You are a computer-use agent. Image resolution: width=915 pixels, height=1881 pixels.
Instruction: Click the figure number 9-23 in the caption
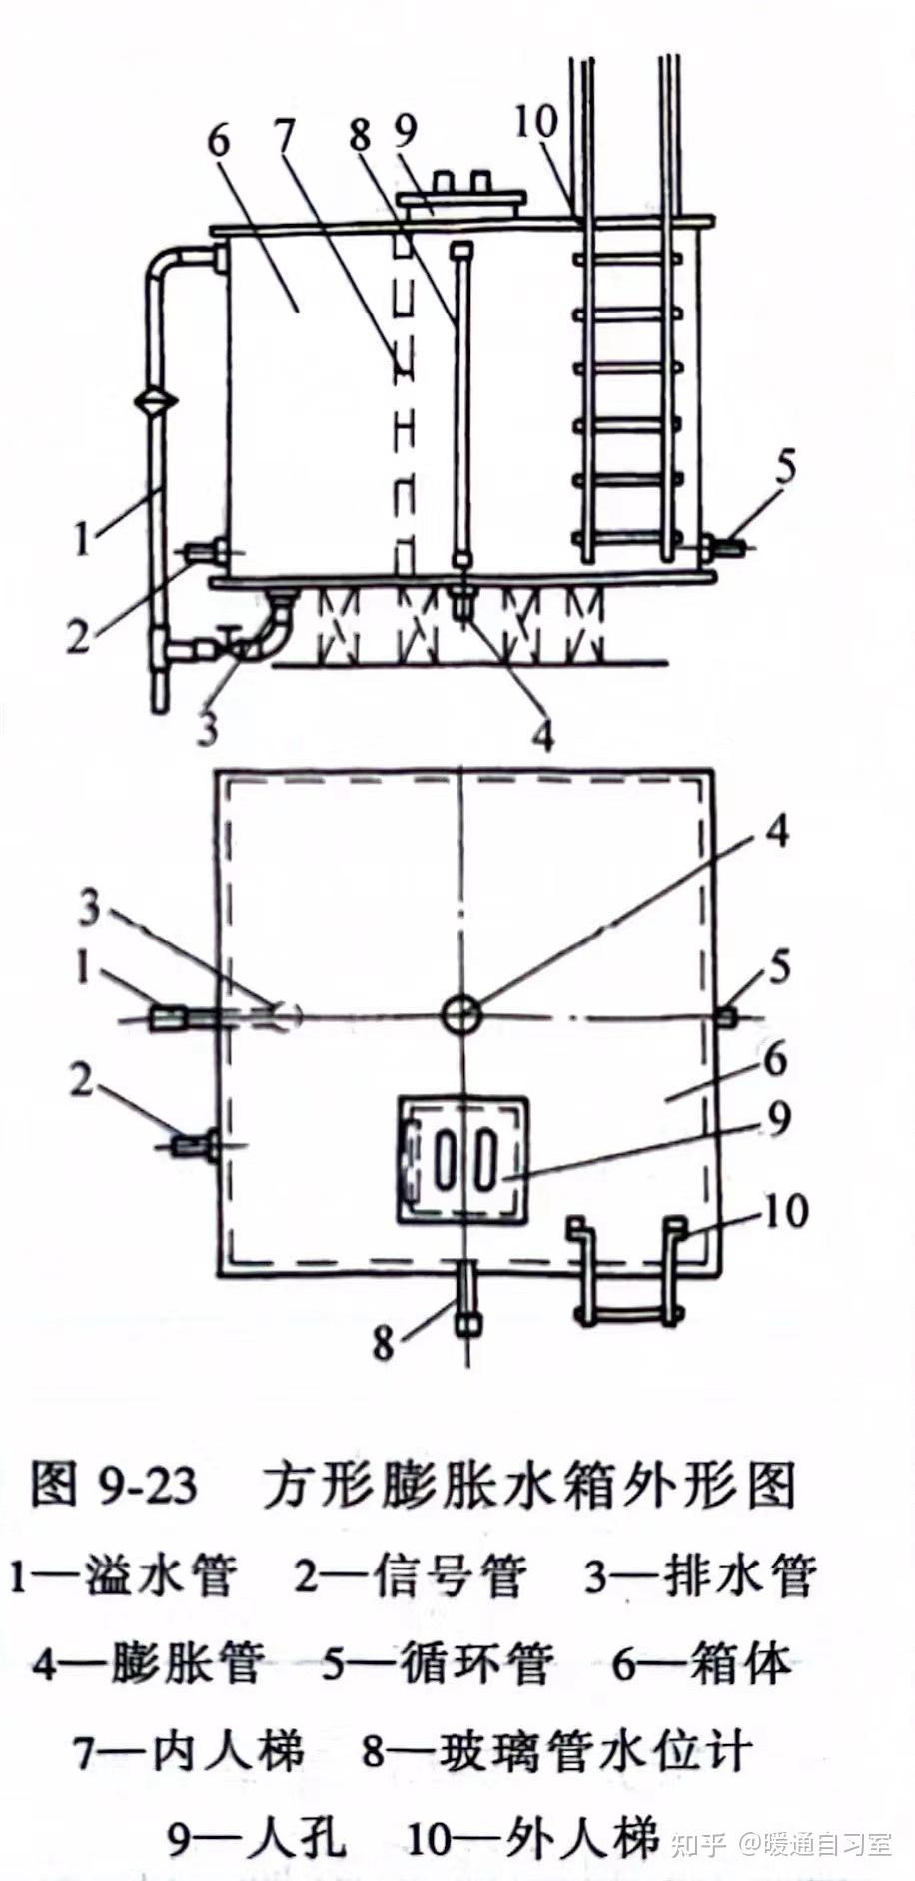148,1486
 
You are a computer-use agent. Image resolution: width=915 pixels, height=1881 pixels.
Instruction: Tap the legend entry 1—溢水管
123,1574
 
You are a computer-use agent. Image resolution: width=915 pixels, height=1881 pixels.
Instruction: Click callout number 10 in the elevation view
536,122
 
